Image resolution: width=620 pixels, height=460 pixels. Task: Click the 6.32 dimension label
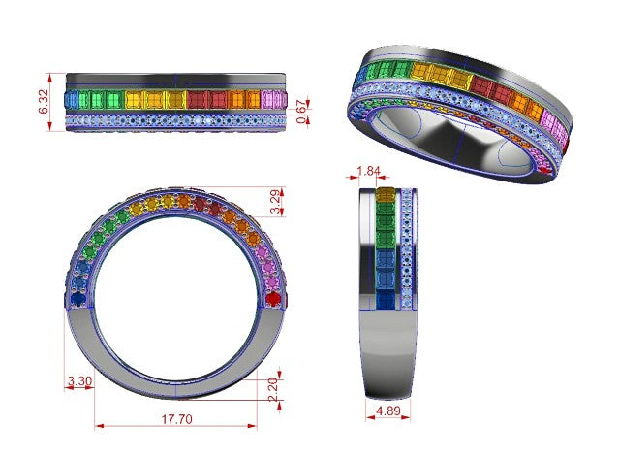pyautogui.click(x=44, y=102)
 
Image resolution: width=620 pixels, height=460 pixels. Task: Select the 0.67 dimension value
pyautogui.click(x=301, y=112)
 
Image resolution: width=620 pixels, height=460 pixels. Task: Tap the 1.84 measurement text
pyautogui.click(x=368, y=171)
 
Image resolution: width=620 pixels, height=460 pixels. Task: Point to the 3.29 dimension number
pyautogui.click(x=275, y=202)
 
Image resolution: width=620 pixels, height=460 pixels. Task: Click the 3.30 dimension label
pyautogui.click(x=79, y=381)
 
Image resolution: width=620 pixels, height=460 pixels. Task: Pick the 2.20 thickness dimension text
pyautogui.click(x=273, y=390)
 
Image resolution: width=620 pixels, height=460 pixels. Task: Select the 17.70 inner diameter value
pyautogui.click(x=176, y=419)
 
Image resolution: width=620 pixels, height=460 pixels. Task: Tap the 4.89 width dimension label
pyautogui.click(x=388, y=411)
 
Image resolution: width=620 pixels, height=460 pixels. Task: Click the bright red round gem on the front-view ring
pyautogui.click(x=273, y=298)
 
